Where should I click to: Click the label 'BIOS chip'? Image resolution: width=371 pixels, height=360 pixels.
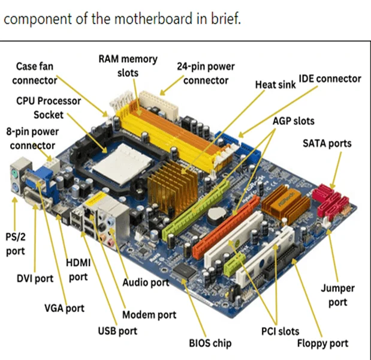pyautogui.click(x=210, y=343)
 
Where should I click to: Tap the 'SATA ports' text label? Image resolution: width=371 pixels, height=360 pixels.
pyautogui.click(x=327, y=143)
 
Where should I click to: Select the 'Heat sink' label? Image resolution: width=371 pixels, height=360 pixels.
pyautogui.click(x=275, y=85)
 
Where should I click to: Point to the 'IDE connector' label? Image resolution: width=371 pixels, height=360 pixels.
pyautogui.click(x=330, y=79)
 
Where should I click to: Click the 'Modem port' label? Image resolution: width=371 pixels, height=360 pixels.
pyautogui.click(x=149, y=315)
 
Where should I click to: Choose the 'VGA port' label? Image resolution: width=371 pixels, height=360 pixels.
pyautogui.click(x=64, y=308)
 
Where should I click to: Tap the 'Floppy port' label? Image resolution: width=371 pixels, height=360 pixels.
pyautogui.click(x=322, y=343)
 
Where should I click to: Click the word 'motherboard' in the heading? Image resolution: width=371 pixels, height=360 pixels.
pyautogui.click(x=153, y=19)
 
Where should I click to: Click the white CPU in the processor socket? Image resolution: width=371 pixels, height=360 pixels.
pyautogui.click(x=122, y=164)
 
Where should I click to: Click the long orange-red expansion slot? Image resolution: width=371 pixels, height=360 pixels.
pyautogui.click(x=226, y=226)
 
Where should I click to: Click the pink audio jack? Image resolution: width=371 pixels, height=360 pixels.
pyautogui.click(x=110, y=242)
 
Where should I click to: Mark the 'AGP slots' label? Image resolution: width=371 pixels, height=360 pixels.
pyautogui.click(x=294, y=121)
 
